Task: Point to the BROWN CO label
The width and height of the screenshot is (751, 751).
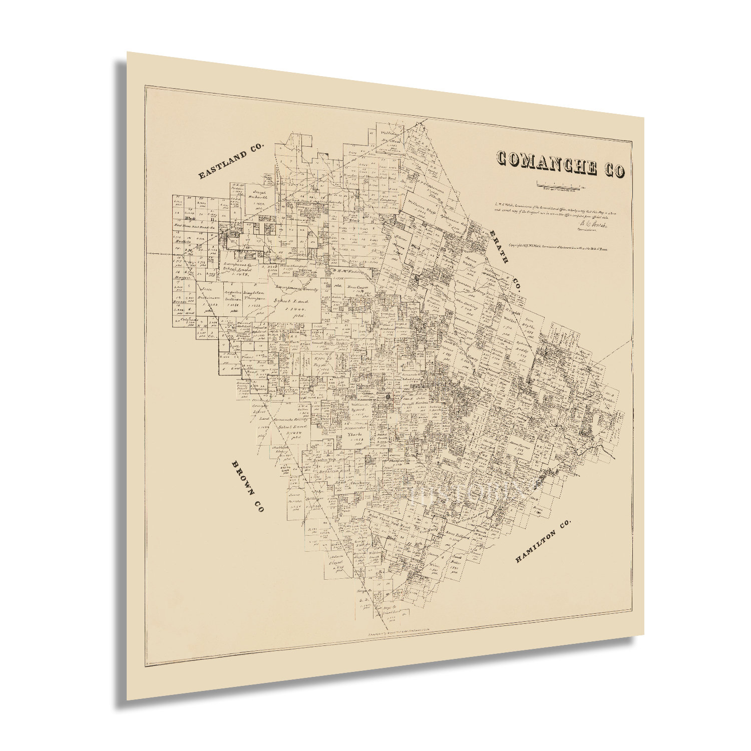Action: point(247,486)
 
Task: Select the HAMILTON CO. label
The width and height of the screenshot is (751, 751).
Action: point(543,542)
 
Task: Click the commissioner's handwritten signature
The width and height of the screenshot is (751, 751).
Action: point(593,226)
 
